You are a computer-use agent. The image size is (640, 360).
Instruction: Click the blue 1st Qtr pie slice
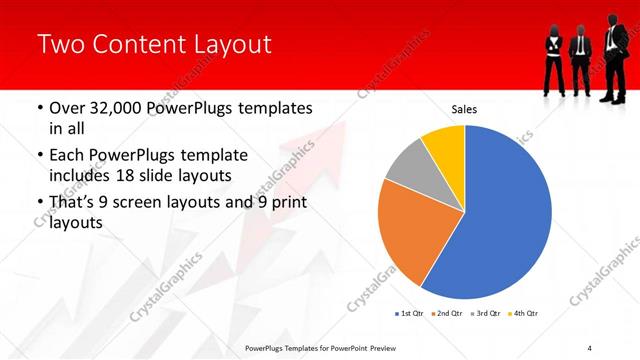(505, 220)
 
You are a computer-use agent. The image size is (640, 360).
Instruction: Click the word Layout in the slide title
(224, 44)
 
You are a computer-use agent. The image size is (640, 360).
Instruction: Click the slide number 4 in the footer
(590, 347)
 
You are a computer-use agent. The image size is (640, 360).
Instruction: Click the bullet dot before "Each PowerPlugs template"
(39, 156)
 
